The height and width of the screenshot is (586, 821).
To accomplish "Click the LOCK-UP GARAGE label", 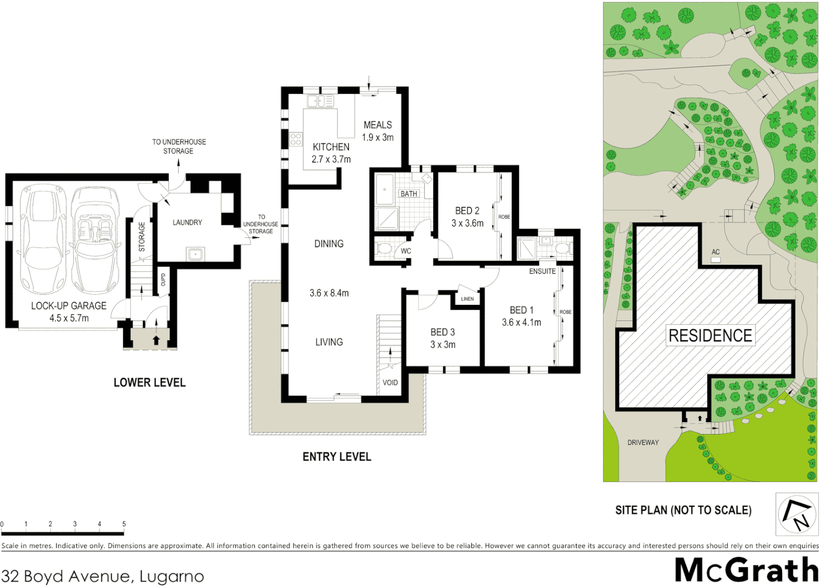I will pyautogui.click(x=68, y=306).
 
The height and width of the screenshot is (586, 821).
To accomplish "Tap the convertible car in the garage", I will pyautogui.click(x=96, y=239).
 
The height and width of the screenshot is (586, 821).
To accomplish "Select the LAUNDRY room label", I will pyautogui.click(x=187, y=222).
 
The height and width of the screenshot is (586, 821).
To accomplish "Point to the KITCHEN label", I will pyautogui.click(x=331, y=147).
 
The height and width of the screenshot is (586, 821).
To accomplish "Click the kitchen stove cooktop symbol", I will pyautogui.click(x=296, y=139).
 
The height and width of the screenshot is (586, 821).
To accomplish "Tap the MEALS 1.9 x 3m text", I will pyautogui.click(x=378, y=131).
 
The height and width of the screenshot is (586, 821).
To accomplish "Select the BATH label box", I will pyautogui.click(x=409, y=194).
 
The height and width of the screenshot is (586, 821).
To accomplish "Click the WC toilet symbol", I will pyautogui.click(x=385, y=249).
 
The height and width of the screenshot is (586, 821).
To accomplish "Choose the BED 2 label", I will pyautogui.click(x=467, y=211).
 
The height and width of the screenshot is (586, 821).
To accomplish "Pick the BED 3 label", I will pyautogui.click(x=443, y=332).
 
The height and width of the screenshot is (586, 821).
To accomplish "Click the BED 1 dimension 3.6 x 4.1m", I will pyautogui.click(x=521, y=322).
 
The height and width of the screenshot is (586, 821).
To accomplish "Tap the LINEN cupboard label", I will pyautogui.click(x=467, y=299).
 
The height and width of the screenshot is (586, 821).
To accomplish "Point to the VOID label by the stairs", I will pyautogui.click(x=390, y=383).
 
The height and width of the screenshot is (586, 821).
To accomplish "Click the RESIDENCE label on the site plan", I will pyautogui.click(x=710, y=336).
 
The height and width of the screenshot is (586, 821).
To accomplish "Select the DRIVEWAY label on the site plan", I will pyautogui.click(x=643, y=443).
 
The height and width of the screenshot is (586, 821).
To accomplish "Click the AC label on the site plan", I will pyautogui.click(x=716, y=252).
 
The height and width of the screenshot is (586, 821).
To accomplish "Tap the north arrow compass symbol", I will pyautogui.click(x=797, y=514).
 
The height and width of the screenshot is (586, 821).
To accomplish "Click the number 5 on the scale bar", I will pyautogui.click(x=124, y=524).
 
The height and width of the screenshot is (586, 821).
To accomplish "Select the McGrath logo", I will pyautogui.click(x=747, y=570).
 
